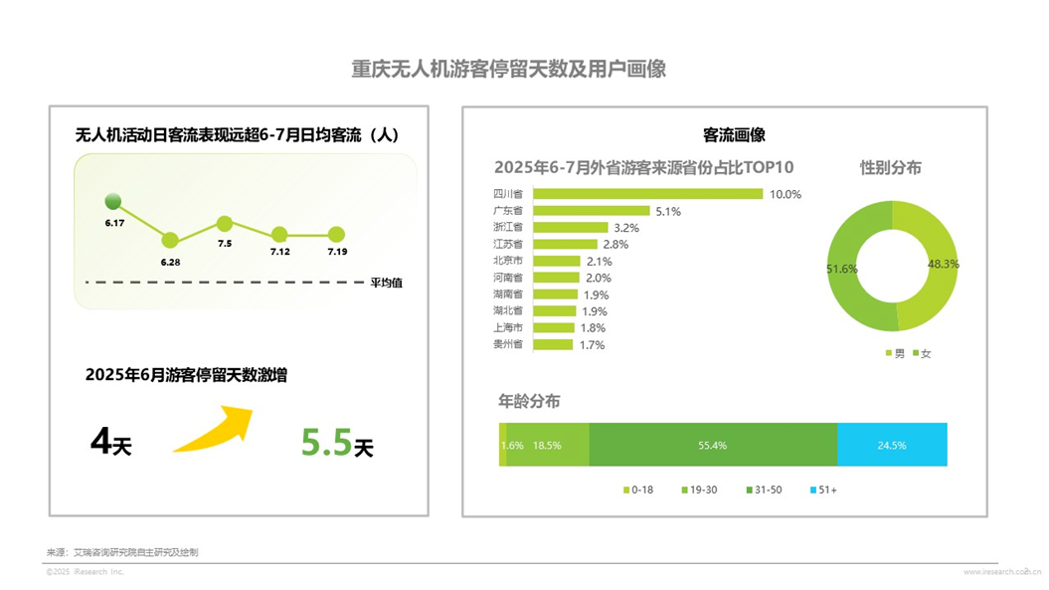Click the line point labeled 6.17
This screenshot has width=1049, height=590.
[112, 201]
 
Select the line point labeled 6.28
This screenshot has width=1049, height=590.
[170, 240]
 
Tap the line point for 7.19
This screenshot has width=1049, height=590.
[336, 235]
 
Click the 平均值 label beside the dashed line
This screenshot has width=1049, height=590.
[387, 283]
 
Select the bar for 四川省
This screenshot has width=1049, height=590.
[648, 194]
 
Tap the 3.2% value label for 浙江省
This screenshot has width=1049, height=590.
[626, 228]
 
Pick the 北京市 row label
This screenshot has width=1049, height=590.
[507, 261]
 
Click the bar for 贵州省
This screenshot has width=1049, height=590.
[553, 344]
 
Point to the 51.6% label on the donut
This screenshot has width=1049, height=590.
[841, 269]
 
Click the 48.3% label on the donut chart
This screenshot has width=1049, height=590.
[943, 264]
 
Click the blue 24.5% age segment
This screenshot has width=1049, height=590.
[891, 445]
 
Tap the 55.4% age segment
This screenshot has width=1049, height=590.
[712, 445]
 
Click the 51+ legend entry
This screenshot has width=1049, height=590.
[824, 490]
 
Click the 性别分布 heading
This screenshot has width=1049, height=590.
[890, 167]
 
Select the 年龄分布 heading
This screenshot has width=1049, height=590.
[529, 401]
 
